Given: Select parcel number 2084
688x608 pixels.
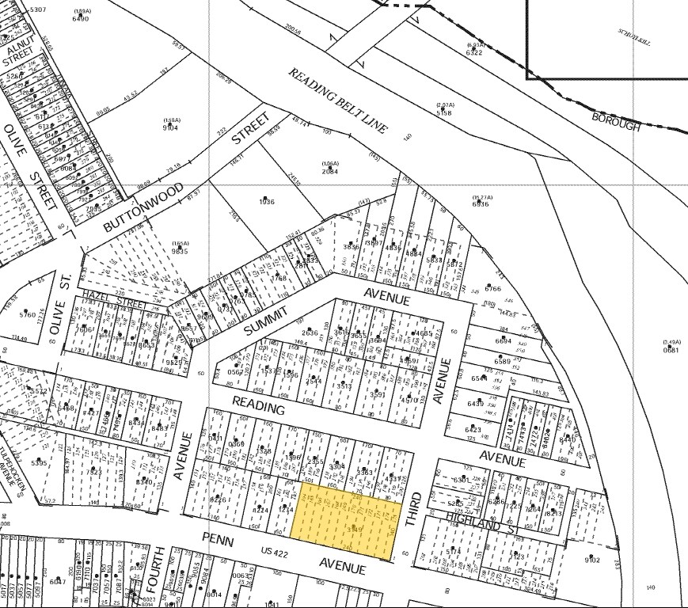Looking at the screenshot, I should pos(330,171).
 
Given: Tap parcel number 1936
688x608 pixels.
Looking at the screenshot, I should pos(266,202).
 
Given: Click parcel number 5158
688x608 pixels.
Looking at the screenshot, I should pos(445,113).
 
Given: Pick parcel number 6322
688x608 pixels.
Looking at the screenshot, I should pos(475,52).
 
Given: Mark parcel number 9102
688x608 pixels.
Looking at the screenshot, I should pos(592,560).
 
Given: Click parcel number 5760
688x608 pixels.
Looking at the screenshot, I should pos(28,315).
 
